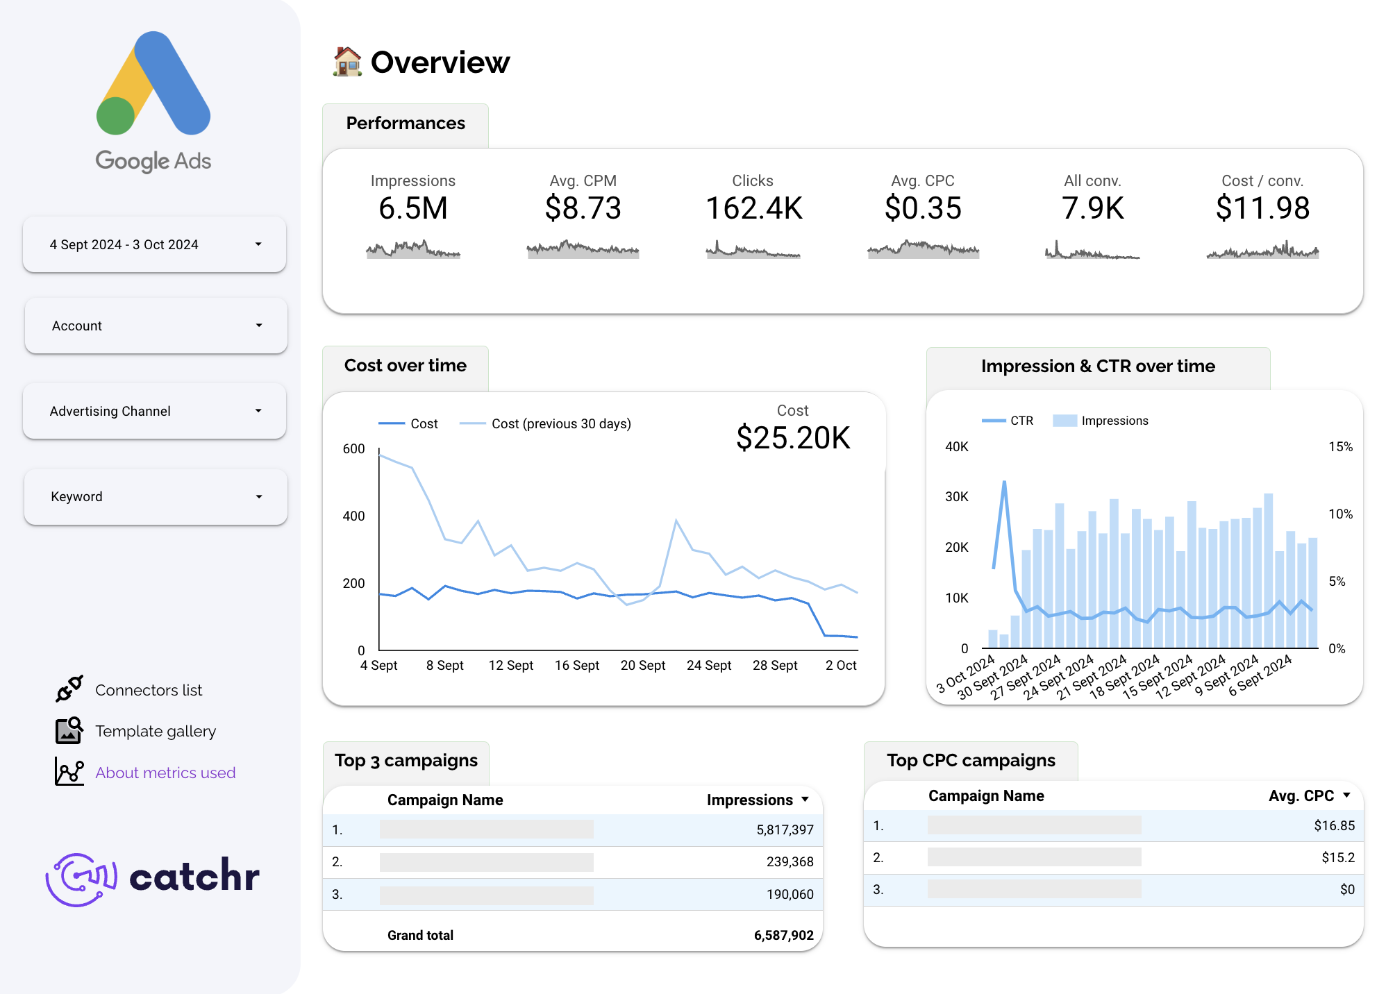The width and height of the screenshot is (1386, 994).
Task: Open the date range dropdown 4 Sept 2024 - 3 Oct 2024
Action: [x=154, y=244]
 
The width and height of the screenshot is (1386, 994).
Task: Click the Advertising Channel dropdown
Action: [x=154, y=411]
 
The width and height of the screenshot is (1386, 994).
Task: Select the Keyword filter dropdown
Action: [x=154, y=496]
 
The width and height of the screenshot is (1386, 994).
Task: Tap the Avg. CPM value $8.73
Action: [x=583, y=208]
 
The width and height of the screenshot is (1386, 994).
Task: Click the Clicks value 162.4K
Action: [x=753, y=208]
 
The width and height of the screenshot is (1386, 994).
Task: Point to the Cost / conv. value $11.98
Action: [x=1262, y=208]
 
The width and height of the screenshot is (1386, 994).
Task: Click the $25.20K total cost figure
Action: [x=793, y=437]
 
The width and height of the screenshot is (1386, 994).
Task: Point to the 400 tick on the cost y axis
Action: [x=353, y=516]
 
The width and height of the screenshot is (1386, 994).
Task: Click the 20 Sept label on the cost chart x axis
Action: [x=642, y=665]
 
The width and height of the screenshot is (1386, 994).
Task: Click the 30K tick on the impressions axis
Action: [x=956, y=496]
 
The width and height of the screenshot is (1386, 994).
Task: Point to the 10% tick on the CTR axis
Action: [x=1340, y=514]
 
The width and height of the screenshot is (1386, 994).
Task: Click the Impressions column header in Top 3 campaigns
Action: [x=750, y=800]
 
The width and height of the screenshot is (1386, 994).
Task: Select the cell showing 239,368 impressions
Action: [x=790, y=861]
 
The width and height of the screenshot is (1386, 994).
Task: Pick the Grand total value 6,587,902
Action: [x=783, y=935]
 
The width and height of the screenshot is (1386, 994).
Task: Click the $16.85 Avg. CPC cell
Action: [x=1334, y=825]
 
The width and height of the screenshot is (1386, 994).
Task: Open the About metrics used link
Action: [x=165, y=773]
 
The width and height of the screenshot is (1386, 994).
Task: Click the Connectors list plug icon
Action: [x=69, y=689]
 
